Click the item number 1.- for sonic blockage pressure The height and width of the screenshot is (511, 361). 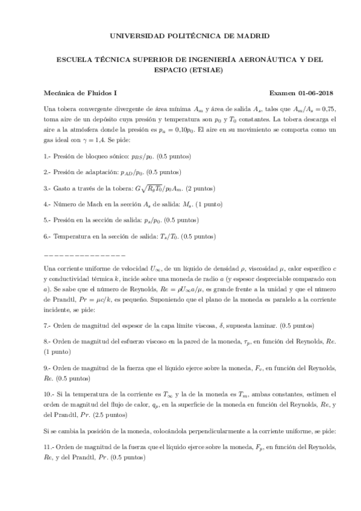pyautogui.click(x=48, y=157)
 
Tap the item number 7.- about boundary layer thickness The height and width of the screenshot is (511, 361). pyautogui.click(x=48, y=325)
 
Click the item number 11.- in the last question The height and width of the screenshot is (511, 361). pyautogui.click(x=50, y=447)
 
